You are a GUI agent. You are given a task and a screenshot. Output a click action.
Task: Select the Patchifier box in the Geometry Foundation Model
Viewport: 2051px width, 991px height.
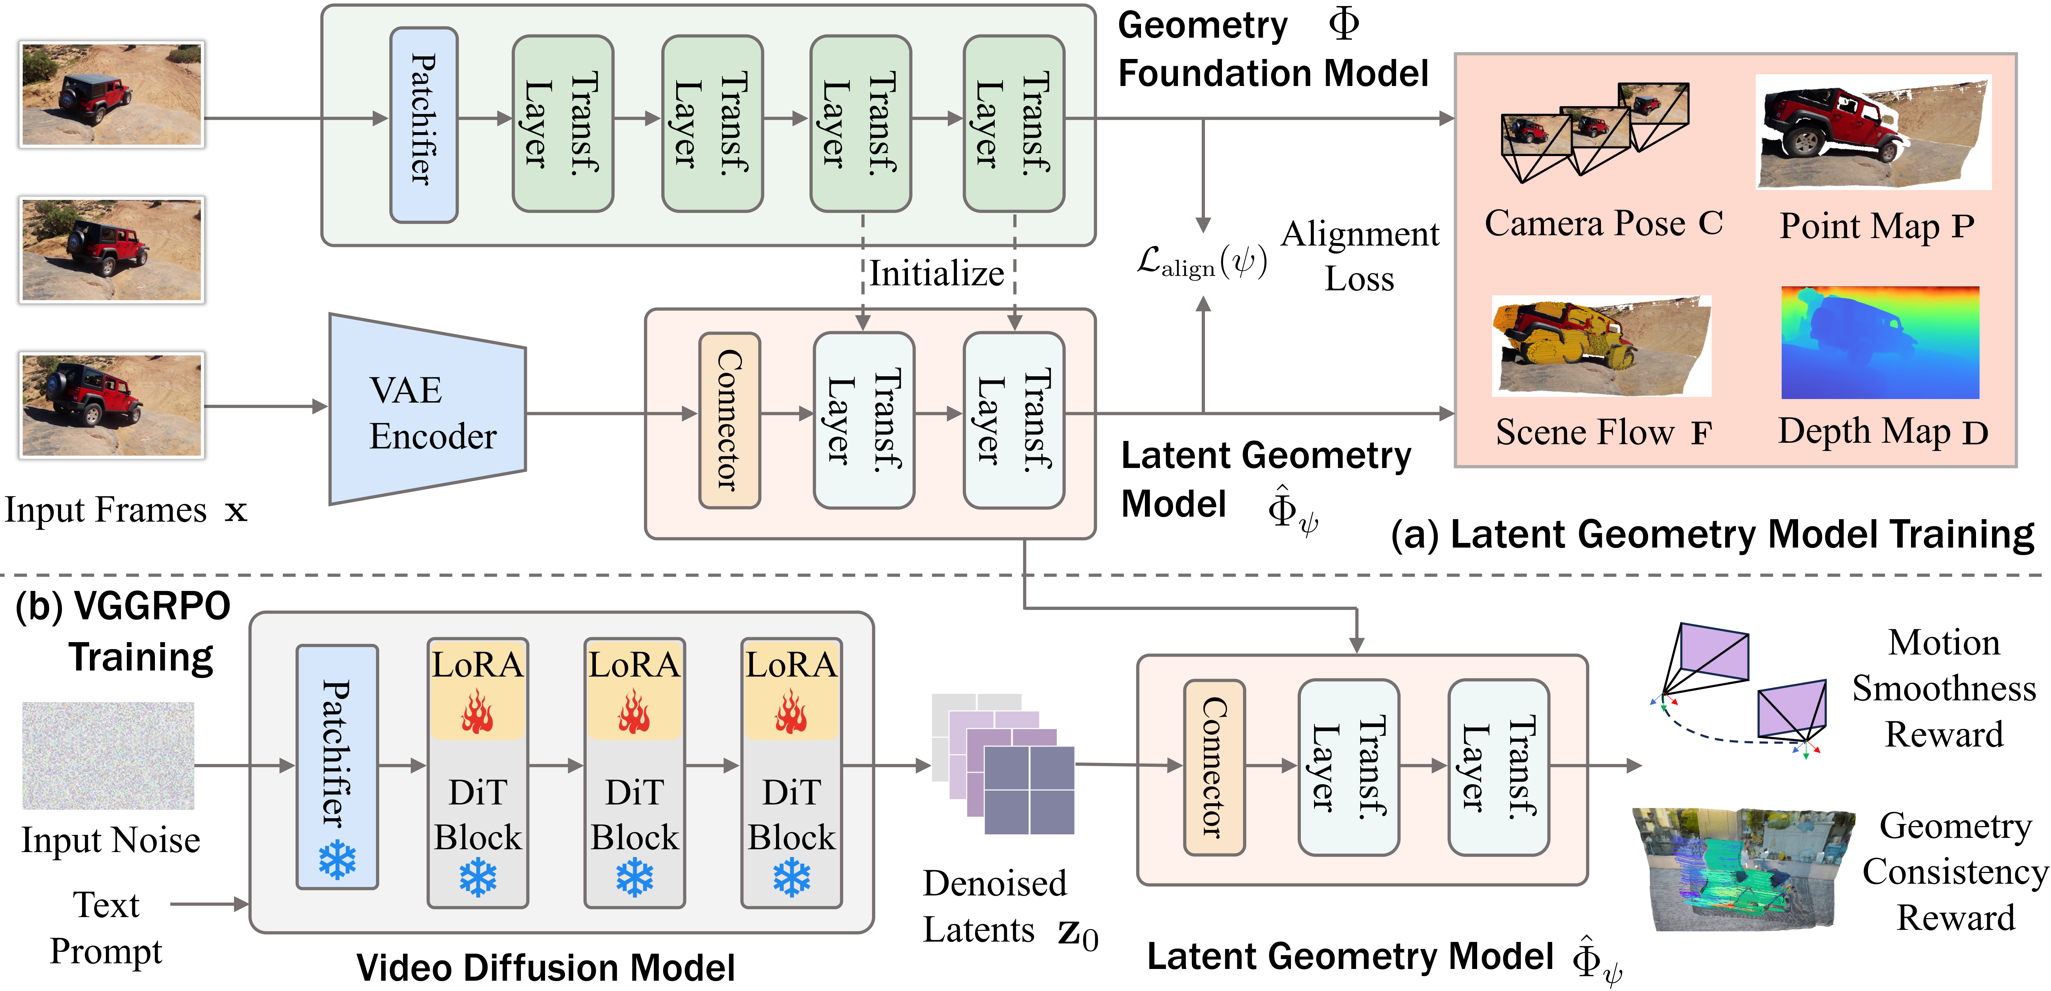[x=424, y=125]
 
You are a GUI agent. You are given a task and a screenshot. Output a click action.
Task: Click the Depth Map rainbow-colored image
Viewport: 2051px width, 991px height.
[x=1879, y=342]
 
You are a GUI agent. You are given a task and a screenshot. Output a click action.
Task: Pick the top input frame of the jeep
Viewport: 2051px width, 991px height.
[x=112, y=94]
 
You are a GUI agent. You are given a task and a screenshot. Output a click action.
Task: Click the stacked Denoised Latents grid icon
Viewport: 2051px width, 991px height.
[x=1003, y=764]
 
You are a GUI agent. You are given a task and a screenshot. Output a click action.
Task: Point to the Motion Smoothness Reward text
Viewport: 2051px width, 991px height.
[x=1943, y=689]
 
